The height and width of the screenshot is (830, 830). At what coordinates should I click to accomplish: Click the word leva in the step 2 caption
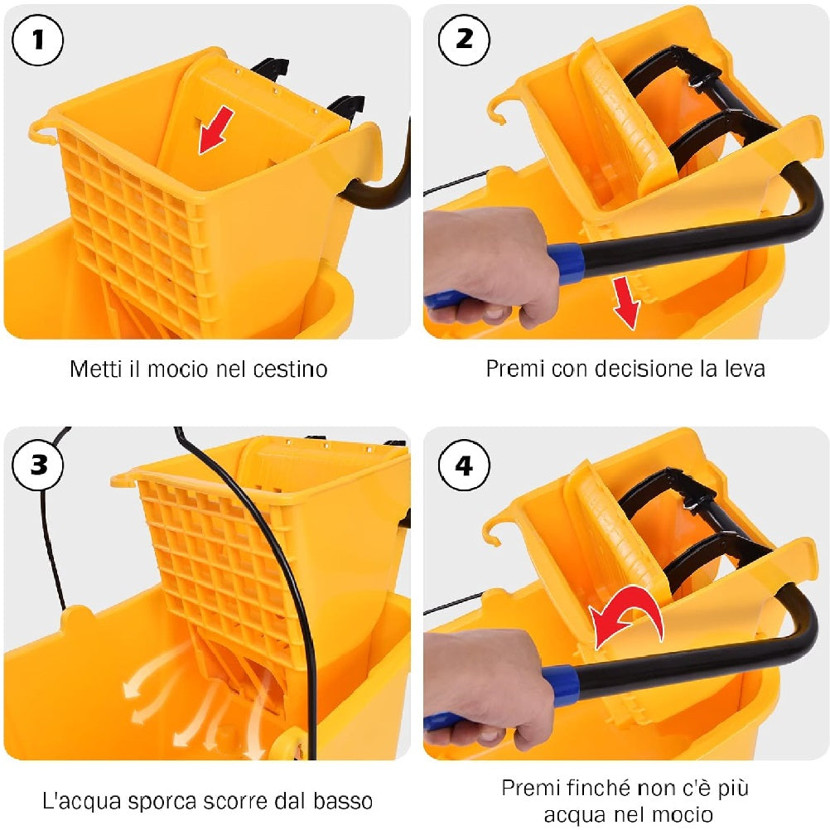click(742, 369)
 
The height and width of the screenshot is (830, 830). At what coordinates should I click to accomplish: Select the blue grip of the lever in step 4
click(563, 684)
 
